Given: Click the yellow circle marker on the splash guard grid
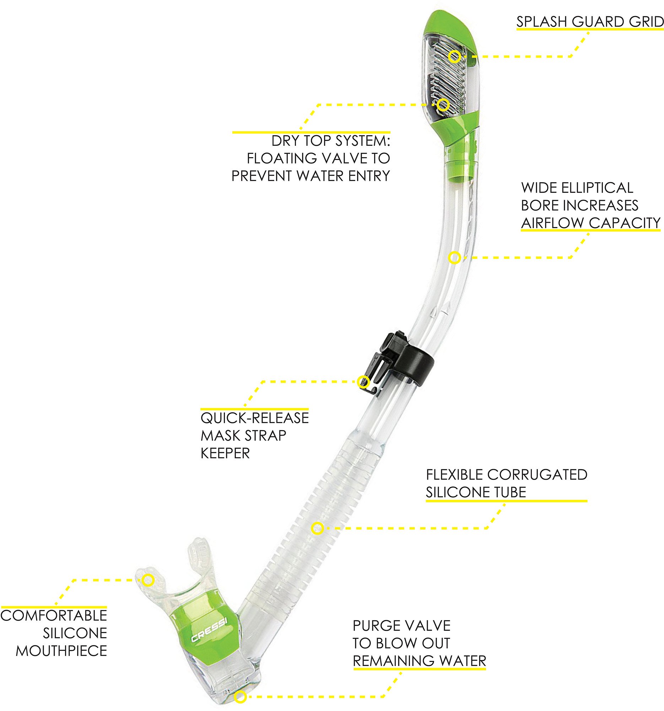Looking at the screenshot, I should click(x=454, y=57).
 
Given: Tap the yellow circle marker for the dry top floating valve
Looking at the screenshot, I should click(x=443, y=105).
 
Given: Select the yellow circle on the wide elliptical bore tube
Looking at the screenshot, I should click(x=454, y=257).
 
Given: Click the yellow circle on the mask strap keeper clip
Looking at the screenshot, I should click(x=363, y=381).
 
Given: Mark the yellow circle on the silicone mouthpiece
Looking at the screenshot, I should click(x=148, y=580).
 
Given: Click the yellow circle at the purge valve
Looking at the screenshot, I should click(x=241, y=697).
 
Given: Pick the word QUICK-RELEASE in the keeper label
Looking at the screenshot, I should click(x=254, y=418).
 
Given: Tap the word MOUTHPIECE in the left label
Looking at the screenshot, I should click(x=61, y=651).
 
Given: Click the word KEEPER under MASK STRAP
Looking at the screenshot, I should click(x=225, y=453).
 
